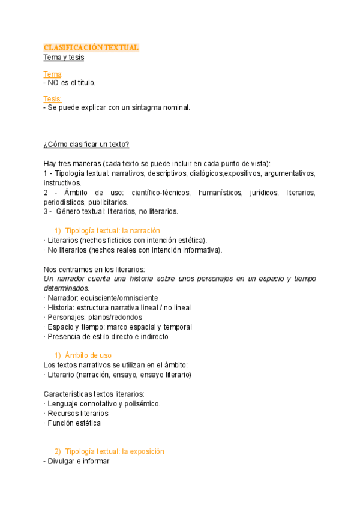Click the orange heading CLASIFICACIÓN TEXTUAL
[x=91, y=47]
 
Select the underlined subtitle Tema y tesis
[x=64, y=58]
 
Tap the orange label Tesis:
[x=53, y=98]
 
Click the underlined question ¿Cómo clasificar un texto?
[x=86, y=145]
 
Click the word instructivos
[x=62, y=183]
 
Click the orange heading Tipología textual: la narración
[x=112, y=231]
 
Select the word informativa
[x=200, y=250]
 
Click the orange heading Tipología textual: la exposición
[x=114, y=451]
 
